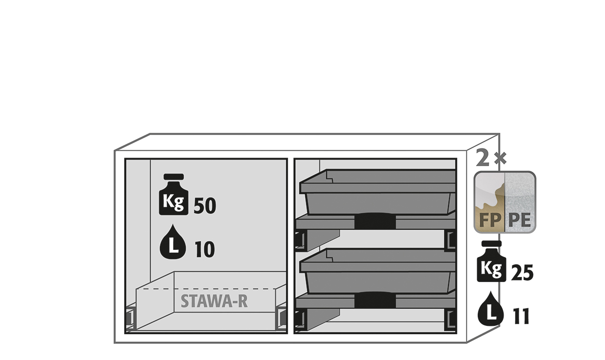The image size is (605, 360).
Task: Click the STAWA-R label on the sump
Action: [x=214, y=301]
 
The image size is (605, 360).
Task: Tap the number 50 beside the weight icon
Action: [x=205, y=206]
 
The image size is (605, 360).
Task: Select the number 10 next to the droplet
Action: [x=205, y=249]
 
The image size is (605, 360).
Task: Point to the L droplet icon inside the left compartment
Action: [x=173, y=241]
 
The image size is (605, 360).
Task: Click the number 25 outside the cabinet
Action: [x=522, y=273]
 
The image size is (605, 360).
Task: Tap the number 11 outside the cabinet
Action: [x=521, y=316]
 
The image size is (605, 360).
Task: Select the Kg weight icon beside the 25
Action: [x=491, y=261]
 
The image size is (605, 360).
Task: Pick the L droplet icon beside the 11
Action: [x=491, y=308]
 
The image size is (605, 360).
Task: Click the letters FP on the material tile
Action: [x=490, y=220]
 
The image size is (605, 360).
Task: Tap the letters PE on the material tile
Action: [x=520, y=220]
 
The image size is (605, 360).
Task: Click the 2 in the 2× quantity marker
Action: [x=483, y=158]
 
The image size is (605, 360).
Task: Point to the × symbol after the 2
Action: [x=500, y=159]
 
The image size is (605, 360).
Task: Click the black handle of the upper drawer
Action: [x=375, y=221]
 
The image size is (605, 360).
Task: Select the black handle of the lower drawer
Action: [x=375, y=300]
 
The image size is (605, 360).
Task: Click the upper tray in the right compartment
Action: [x=378, y=192]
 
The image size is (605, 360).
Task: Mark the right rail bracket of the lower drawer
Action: [x=450, y=320]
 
